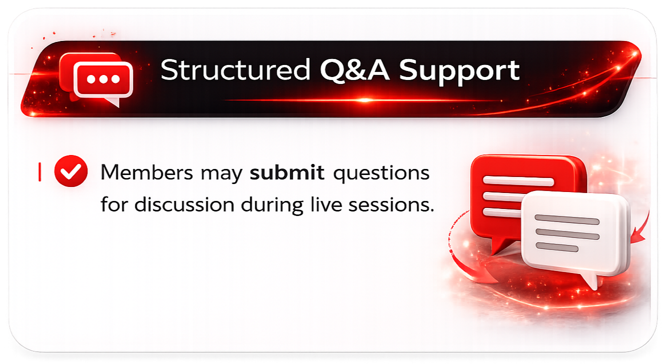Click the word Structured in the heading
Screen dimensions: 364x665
pyautogui.click(x=235, y=71)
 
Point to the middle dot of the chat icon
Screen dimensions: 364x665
pyautogui.click(x=103, y=79)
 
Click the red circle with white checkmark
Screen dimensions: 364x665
pyautogui.click(x=71, y=173)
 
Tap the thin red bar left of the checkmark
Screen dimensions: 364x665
pyautogui.click(x=39, y=172)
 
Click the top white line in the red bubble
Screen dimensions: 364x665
pyautogui.click(x=518, y=181)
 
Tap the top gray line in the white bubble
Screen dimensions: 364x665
pyautogui.click(x=567, y=220)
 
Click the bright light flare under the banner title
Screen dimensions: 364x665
pyautogui.click(x=365, y=100)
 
